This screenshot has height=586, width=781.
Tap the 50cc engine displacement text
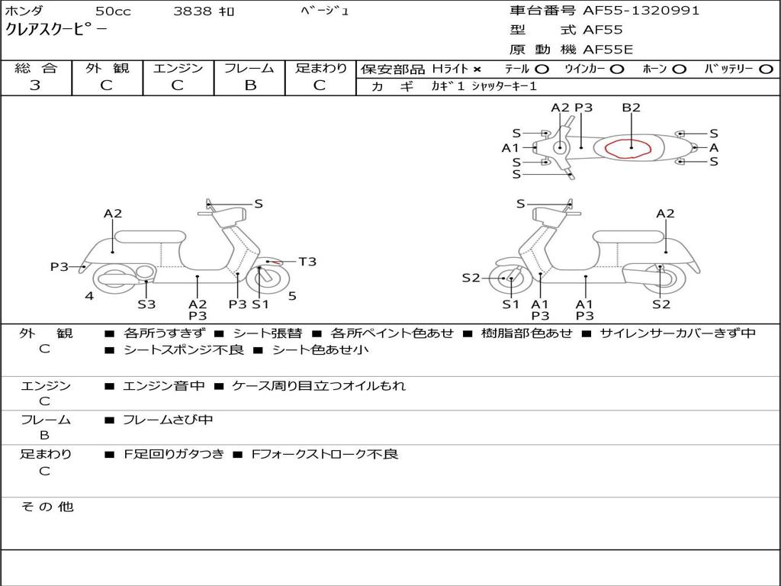coord(111,11)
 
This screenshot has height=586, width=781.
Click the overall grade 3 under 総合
coord(35,85)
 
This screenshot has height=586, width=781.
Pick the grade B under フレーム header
coord(249,85)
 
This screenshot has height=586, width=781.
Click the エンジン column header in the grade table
coord(178,69)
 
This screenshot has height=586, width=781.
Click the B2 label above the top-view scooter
coord(631,108)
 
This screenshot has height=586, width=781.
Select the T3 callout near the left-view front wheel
coord(307,262)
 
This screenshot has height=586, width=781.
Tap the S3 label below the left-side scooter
coord(146,304)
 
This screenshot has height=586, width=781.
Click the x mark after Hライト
coord(477,69)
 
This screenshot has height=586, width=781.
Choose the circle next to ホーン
coord(679,69)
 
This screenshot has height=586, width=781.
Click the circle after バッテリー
coord(766,69)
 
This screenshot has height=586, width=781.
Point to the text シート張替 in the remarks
coord(267,333)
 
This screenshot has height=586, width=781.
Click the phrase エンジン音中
coord(164,386)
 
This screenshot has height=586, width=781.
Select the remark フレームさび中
coord(168,420)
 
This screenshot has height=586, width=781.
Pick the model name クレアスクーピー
coord(56,31)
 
